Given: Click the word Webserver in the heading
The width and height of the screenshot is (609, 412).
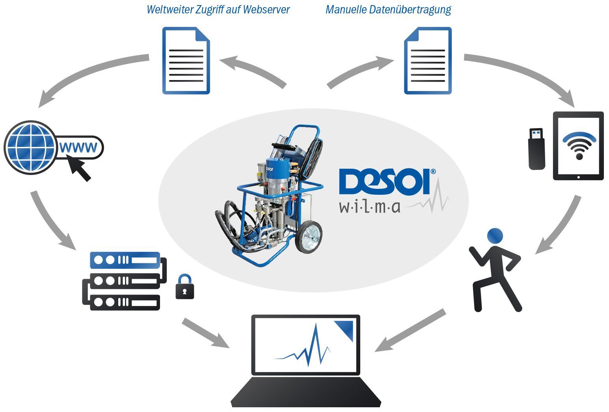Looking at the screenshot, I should tap(266, 9).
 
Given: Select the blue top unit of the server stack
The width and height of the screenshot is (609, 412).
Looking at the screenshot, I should tap(125, 260).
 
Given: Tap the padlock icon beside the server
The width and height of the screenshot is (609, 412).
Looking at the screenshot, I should tap(184, 287).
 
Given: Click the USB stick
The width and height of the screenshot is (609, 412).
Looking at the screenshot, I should tap(536, 149).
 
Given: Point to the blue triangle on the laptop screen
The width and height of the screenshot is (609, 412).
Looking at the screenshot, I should tap(344, 330).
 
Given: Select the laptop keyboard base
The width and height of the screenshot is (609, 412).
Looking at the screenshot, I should tap(306, 392).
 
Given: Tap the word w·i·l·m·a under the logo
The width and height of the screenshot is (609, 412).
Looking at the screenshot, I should tap(370, 207).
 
